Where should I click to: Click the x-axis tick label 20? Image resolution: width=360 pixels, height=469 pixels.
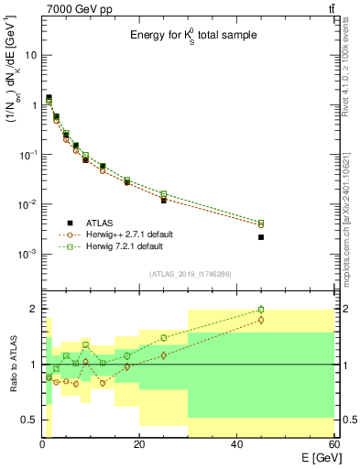pyautogui.click(x=138, y=444)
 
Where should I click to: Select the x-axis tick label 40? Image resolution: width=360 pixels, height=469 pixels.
pyautogui.click(x=236, y=444)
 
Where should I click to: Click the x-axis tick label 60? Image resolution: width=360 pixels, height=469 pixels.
pyautogui.click(x=333, y=444)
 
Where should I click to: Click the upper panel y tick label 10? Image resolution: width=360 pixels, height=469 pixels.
pyautogui.click(x=30, y=55)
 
